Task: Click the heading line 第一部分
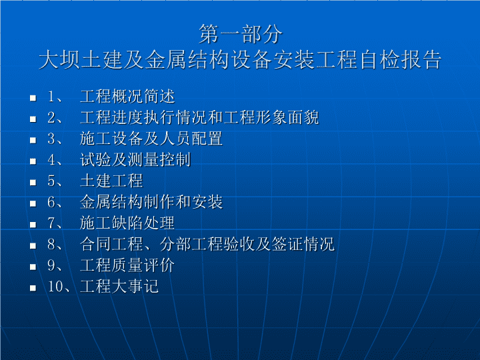(240, 34)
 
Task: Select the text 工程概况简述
(127, 97)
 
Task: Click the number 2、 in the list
(55, 118)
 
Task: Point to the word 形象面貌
(287, 117)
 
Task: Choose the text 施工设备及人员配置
(151, 139)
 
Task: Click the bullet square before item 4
(33, 161)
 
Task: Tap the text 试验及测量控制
(135, 160)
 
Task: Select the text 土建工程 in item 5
(111, 181)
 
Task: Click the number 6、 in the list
(55, 202)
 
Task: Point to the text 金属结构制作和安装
(151, 202)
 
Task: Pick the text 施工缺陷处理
(127, 223)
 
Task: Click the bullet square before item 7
(33, 225)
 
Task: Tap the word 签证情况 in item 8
(303, 244)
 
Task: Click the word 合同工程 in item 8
(111, 244)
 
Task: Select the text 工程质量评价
(127, 265)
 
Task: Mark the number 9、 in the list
(55, 265)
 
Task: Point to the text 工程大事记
(119, 286)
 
